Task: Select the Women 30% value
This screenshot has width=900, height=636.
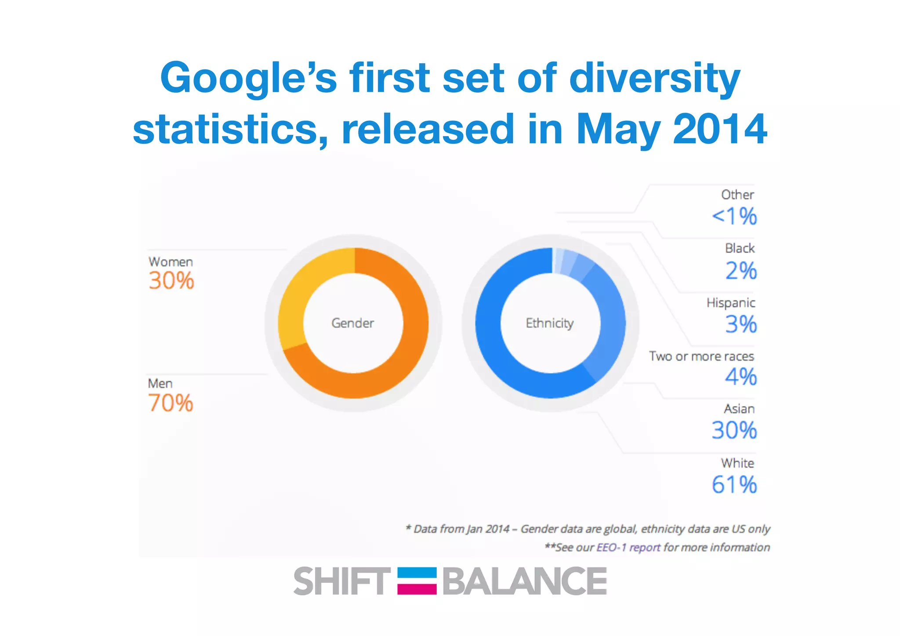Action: [x=171, y=281]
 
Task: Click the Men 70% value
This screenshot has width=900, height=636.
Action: [x=171, y=403]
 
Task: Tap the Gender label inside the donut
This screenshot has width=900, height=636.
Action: [x=352, y=323]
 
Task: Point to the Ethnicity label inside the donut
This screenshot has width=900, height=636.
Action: [x=549, y=323]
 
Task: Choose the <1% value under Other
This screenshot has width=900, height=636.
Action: [x=734, y=216]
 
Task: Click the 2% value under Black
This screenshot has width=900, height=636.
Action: [x=741, y=271]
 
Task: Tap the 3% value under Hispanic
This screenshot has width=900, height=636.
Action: [x=741, y=324]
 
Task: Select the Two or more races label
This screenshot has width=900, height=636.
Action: [x=701, y=356]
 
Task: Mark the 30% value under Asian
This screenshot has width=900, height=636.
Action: [x=734, y=430]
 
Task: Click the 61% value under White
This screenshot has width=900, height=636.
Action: [x=734, y=484]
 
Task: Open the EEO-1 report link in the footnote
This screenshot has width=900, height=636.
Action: [x=628, y=547]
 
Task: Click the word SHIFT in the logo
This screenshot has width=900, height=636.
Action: [x=341, y=581]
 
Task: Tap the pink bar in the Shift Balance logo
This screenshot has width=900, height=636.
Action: [x=417, y=589]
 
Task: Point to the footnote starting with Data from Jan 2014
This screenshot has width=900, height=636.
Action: [x=588, y=529]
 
